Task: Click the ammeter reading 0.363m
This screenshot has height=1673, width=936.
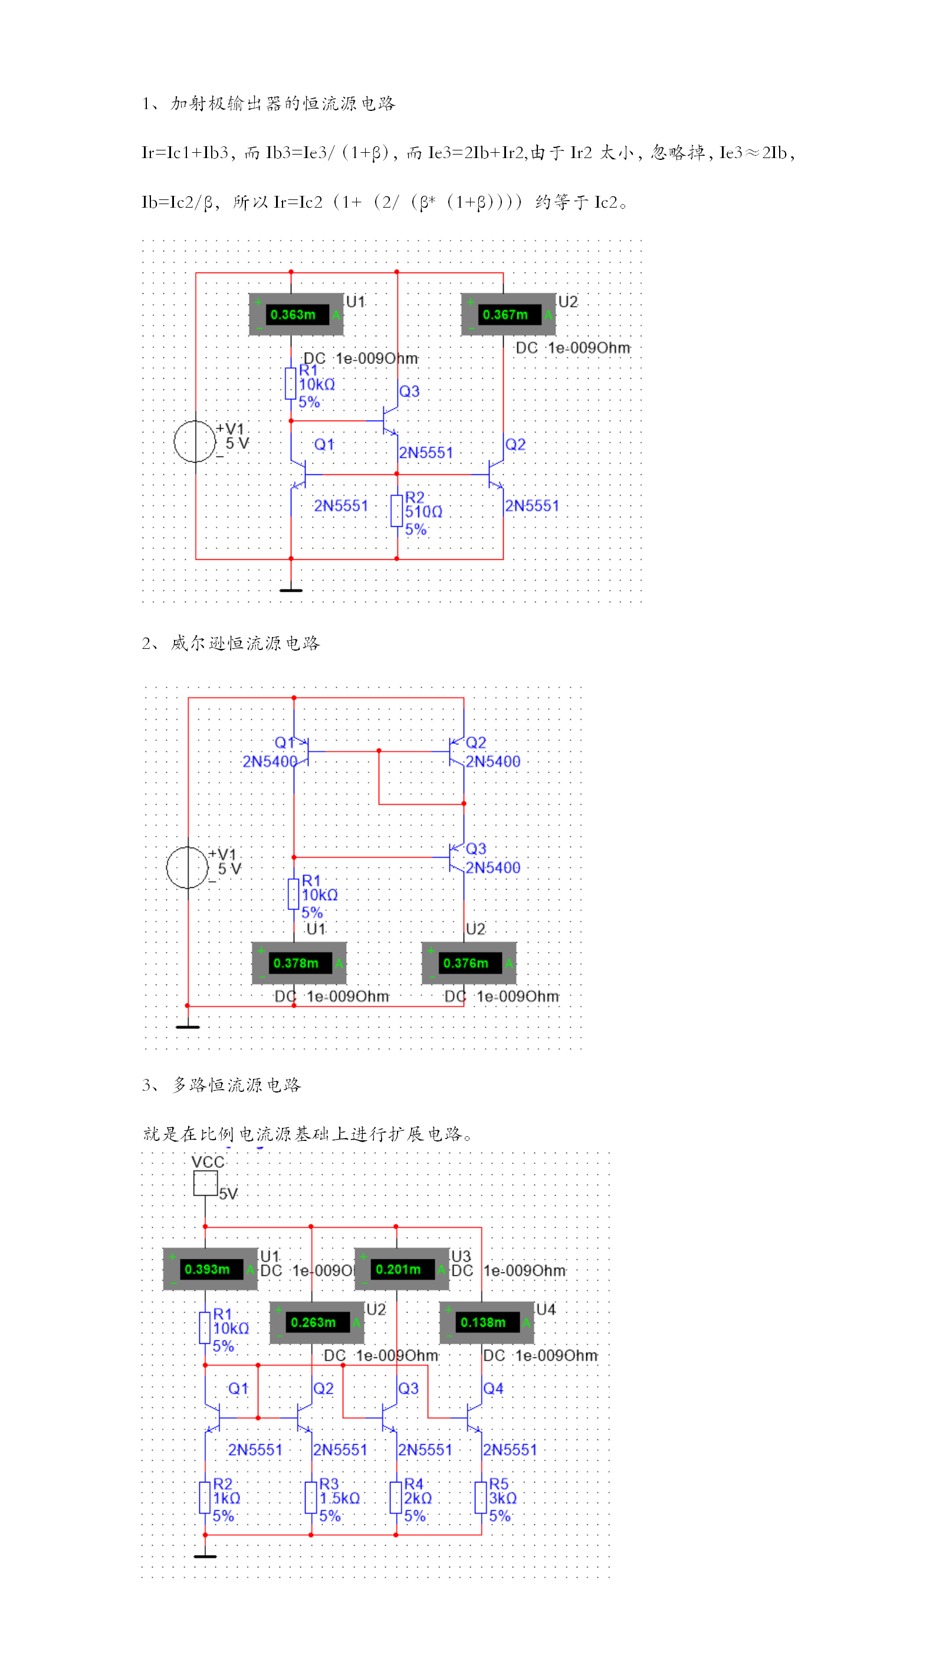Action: click(x=296, y=314)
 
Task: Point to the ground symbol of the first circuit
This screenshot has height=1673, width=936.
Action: click(x=291, y=590)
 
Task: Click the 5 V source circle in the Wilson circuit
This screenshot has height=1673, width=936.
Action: click(x=188, y=867)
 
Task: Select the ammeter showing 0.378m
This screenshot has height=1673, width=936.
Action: click(x=298, y=963)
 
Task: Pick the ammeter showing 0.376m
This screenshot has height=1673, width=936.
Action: click(x=469, y=963)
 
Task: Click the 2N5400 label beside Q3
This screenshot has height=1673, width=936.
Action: click(x=492, y=868)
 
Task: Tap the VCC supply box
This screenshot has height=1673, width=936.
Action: click(x=205, y=1183)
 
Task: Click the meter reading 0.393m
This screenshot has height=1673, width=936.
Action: click(x=209, y=1269)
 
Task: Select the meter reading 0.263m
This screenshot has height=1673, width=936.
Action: click(x=316, y=1322)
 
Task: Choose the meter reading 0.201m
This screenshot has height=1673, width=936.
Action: click(x=401, y=1269)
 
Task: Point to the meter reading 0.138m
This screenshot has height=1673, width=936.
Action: click(x=486, y=1322)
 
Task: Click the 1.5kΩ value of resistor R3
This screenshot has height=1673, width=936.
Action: click(x=340, y=1498)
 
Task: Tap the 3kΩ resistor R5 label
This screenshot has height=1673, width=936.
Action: click(x=503, y=1498)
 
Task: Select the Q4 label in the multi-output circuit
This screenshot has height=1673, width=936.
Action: click(x=493, y=1389)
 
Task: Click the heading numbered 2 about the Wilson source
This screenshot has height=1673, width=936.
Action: click(x=231, y=643)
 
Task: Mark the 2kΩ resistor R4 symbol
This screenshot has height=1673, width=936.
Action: click(x=396, y=1498)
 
